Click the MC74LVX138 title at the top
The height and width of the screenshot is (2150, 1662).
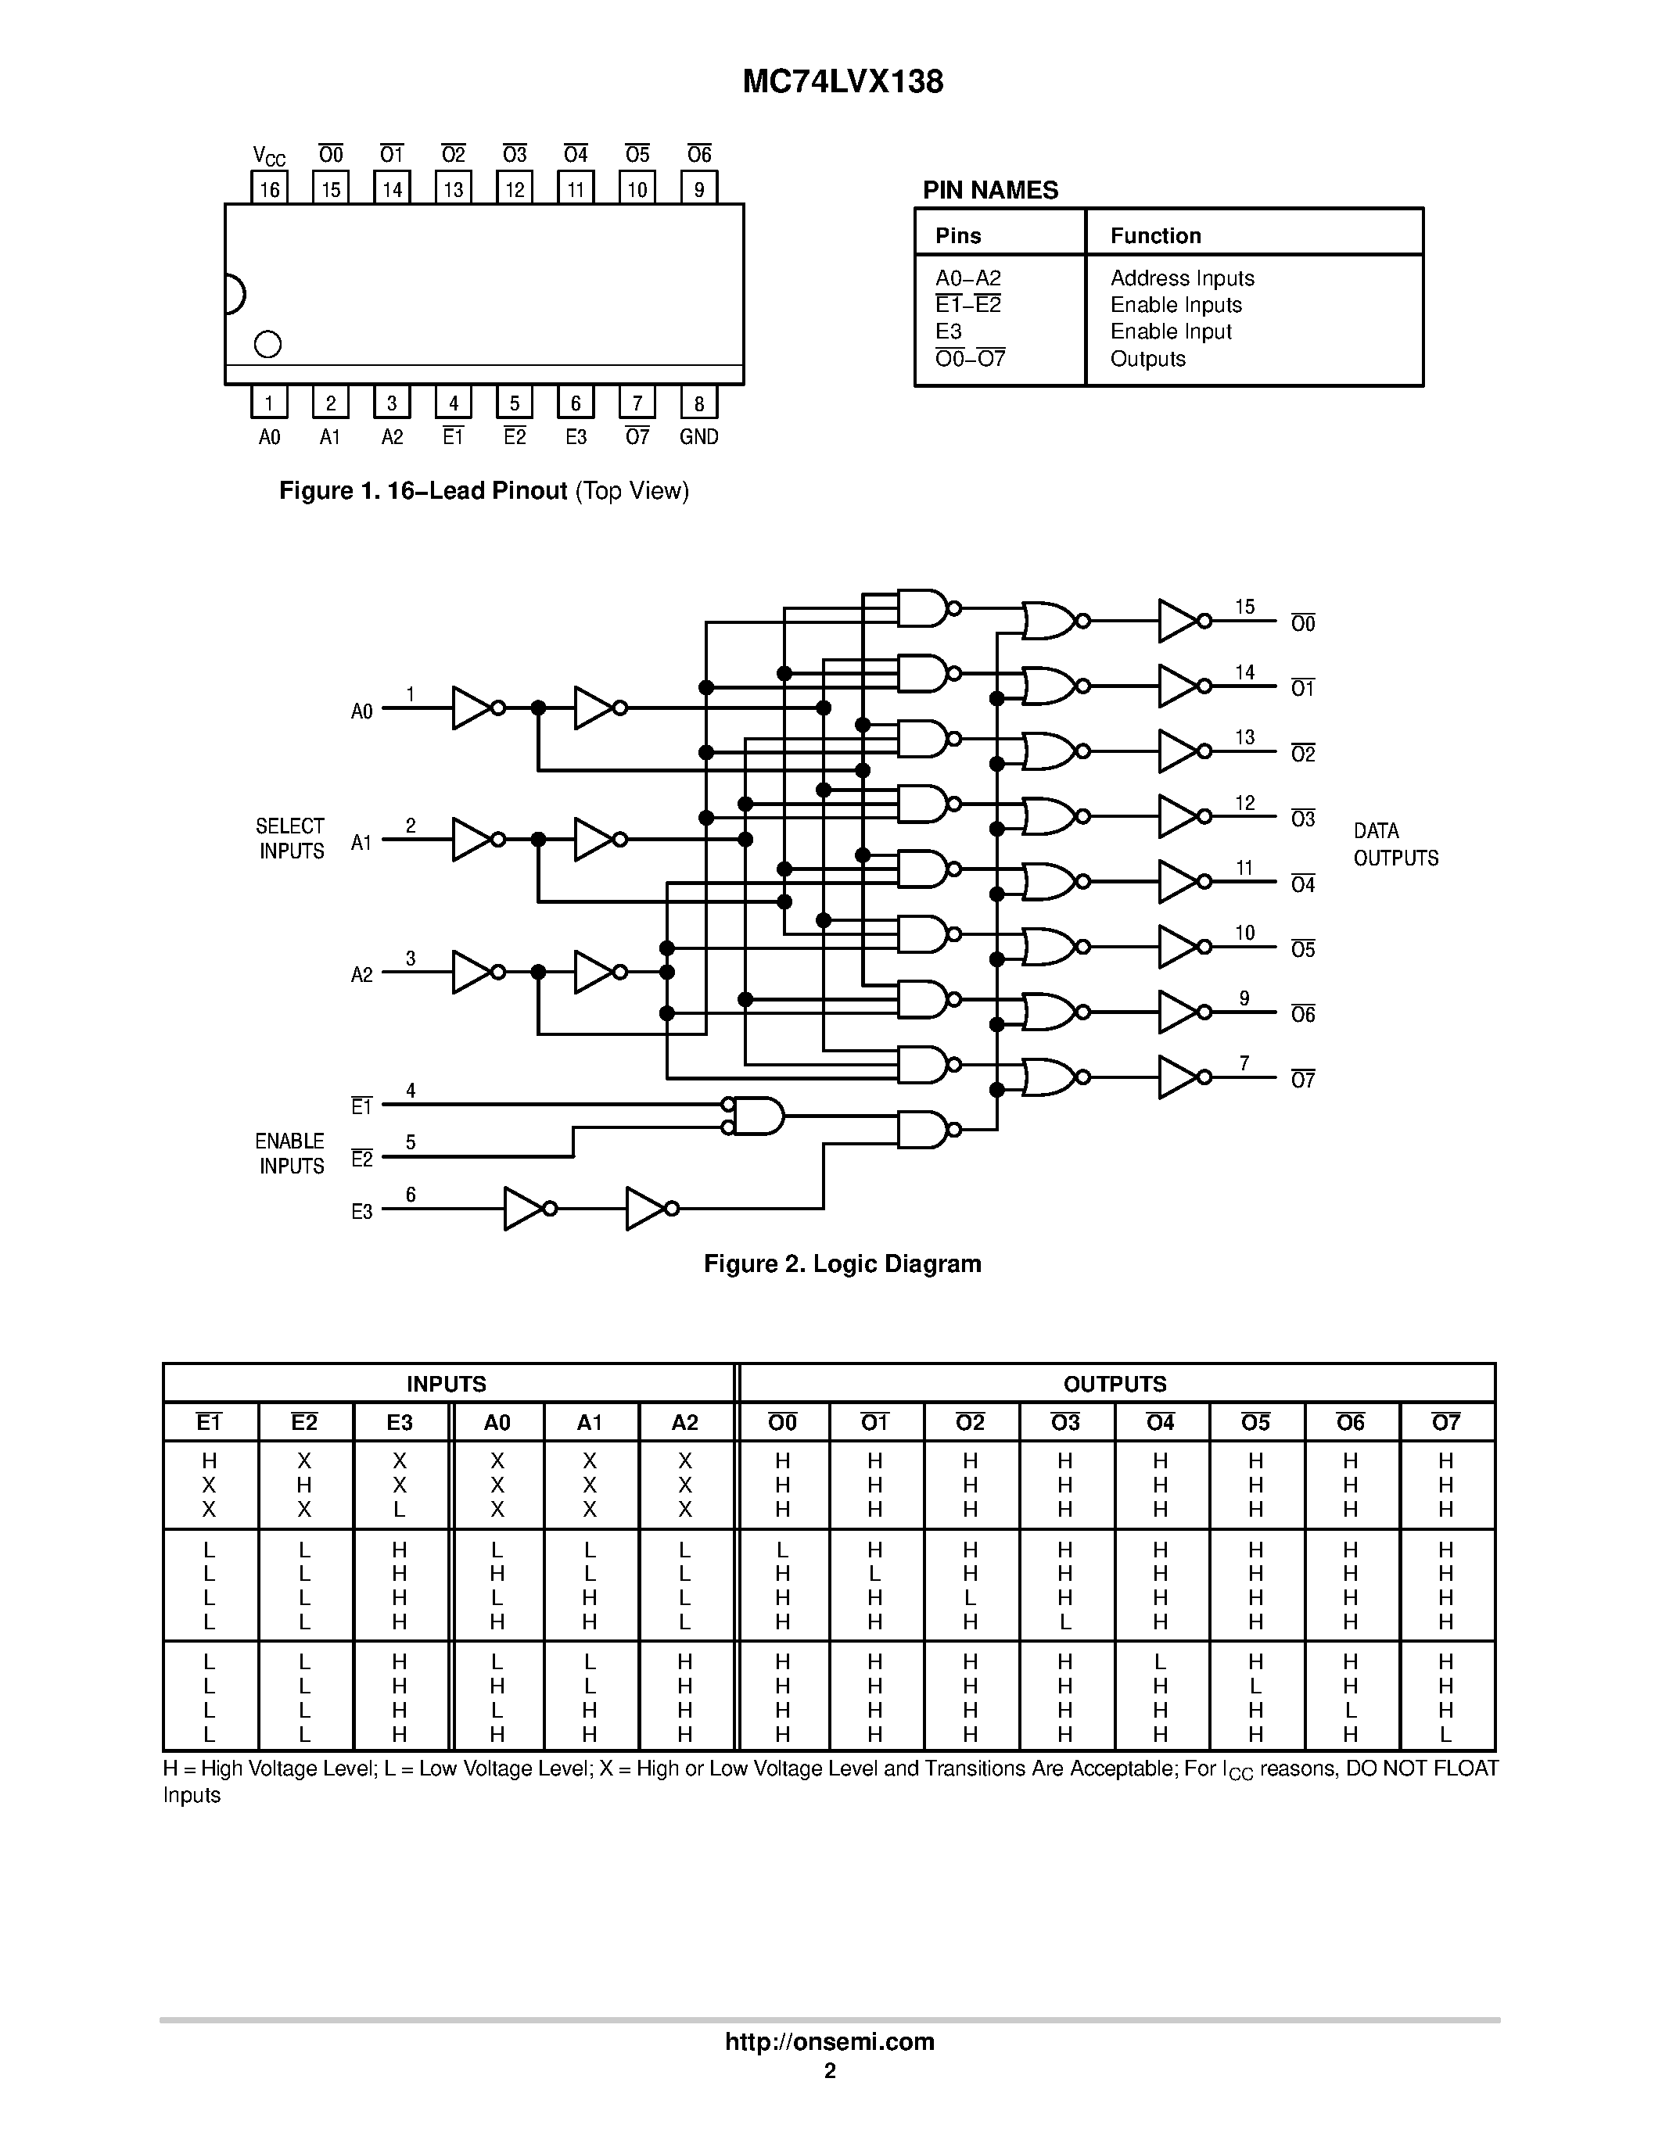click(x=843, y=82)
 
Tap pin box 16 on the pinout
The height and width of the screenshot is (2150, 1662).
click(x=269, y=188)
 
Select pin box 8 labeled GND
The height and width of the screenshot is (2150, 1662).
click(x=698, y=402)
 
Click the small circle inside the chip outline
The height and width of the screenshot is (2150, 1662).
click(x=267, y=343)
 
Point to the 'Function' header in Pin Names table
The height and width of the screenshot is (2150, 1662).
click(x=1155, y=235)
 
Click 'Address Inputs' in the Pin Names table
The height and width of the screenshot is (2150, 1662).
click(x=1182, y=278)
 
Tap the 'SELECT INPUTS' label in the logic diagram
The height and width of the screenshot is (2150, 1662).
click(x=290, y=839)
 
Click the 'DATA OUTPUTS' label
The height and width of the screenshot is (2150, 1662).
click(x=1395, y=844)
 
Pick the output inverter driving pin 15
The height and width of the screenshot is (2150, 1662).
click(x=1179, y=622)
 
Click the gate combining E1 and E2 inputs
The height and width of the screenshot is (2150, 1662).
click(x=756, y=1116)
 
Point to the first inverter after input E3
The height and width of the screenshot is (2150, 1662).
click(x=525, y=1209)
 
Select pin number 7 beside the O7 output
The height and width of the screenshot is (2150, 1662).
click(x=1244, y=1063)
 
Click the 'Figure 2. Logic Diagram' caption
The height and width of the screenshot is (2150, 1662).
click(x=842, y=1264)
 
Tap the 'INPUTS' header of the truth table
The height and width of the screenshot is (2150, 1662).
click(x=446, y=1384)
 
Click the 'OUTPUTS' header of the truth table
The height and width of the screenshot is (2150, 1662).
click(x=1115, y=1384)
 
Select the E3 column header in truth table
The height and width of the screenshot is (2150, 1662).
click(x=400, y=1422)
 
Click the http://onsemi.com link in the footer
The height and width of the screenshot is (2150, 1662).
click(x=829, y=2041)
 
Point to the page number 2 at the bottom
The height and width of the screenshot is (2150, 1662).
click(x=830, y=2071)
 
